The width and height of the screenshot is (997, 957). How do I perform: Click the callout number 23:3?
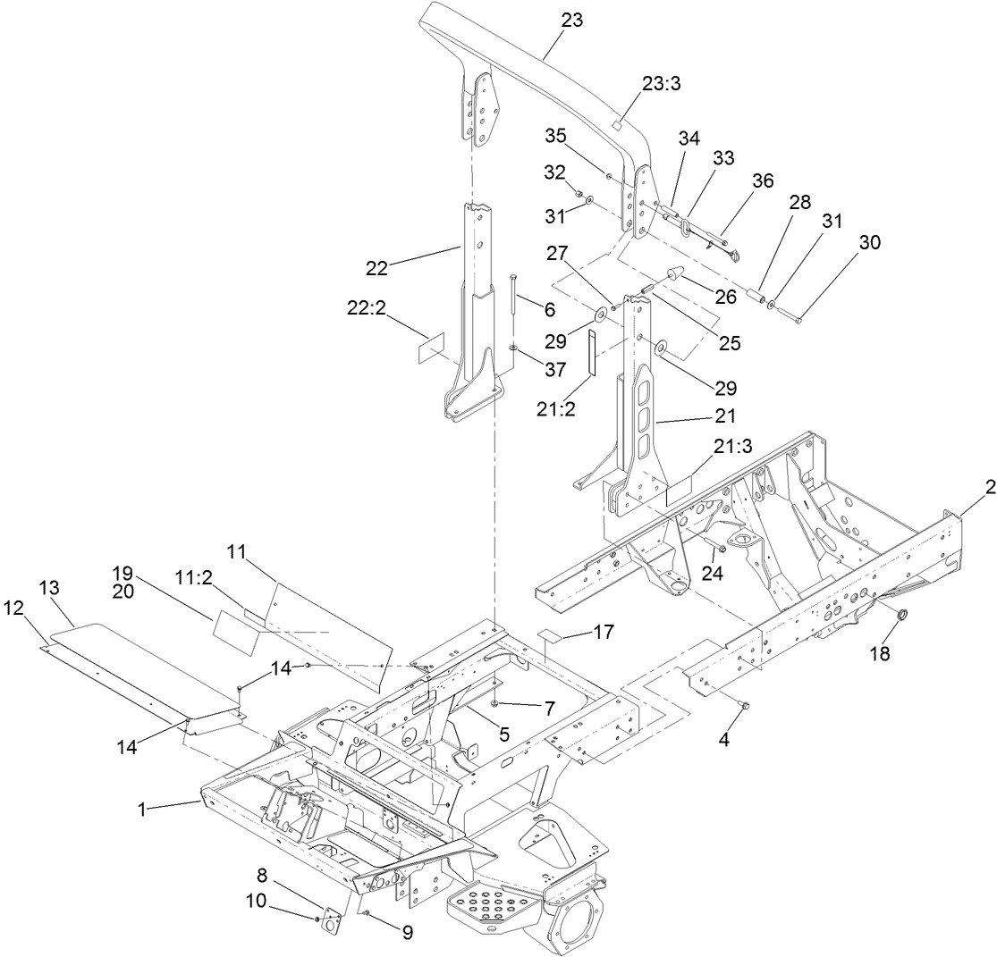click(x=662, y=82)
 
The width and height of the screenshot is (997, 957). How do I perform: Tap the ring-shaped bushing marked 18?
click(x=902, y=616)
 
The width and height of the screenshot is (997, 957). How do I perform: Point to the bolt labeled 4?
click(x=743, y=706)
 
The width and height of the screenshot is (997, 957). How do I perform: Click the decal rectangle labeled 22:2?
click(x=432, y=349)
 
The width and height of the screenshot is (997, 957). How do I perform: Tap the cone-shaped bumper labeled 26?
click(x=674, y=275)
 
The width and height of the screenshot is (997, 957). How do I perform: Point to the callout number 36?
click(x=763, y=179)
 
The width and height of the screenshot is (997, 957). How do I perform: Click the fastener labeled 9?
click(x=367, y=912)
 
